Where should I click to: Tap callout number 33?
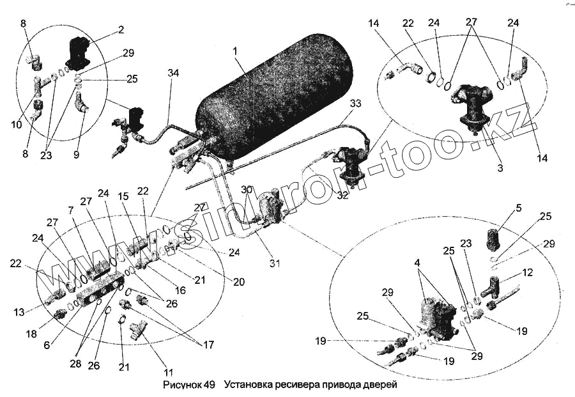point(356,104)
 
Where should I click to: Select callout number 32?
point(342,195)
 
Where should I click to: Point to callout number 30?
point(247,189)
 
